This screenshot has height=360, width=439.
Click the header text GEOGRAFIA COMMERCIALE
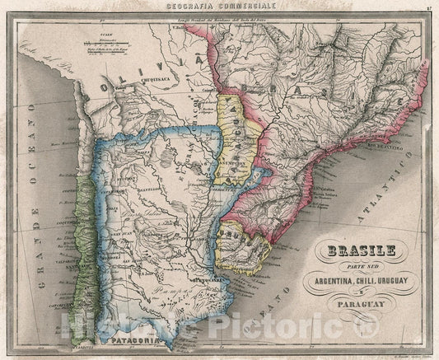click(219, 6)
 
